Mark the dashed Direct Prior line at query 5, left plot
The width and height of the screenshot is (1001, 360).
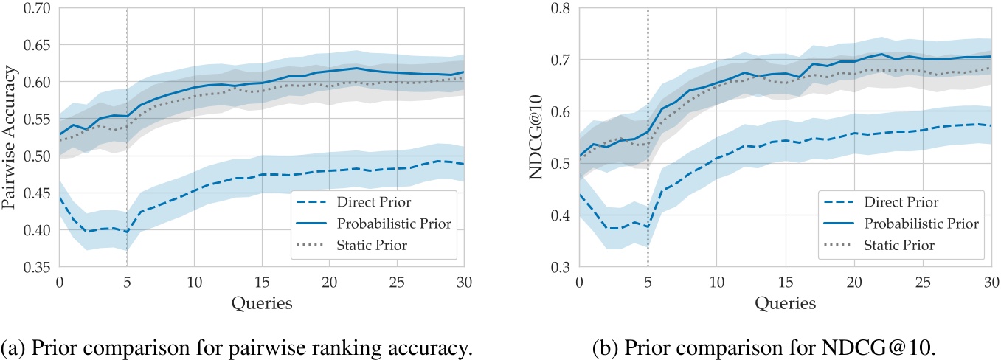click(127, 232)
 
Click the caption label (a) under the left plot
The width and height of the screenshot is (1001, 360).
click(12, 343)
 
